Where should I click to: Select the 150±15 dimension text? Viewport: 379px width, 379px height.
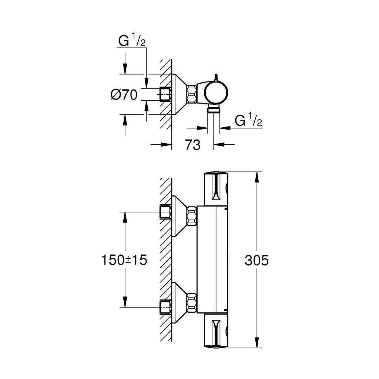coord(124,260)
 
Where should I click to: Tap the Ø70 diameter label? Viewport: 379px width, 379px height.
coord(124,95)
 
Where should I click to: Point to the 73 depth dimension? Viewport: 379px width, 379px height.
coord(192,145)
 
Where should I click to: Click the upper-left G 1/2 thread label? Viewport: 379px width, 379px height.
coord(132,42)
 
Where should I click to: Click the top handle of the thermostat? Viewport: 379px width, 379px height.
coord(217,188)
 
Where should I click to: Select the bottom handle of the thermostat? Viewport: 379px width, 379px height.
coord(217,331)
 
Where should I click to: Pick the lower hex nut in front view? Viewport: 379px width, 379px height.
coord(192,302)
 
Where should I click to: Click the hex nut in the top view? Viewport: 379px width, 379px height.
coord(192,94)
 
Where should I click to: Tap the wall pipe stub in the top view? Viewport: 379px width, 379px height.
coord(165,94)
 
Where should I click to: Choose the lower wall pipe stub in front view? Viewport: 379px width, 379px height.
coord(165,307)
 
